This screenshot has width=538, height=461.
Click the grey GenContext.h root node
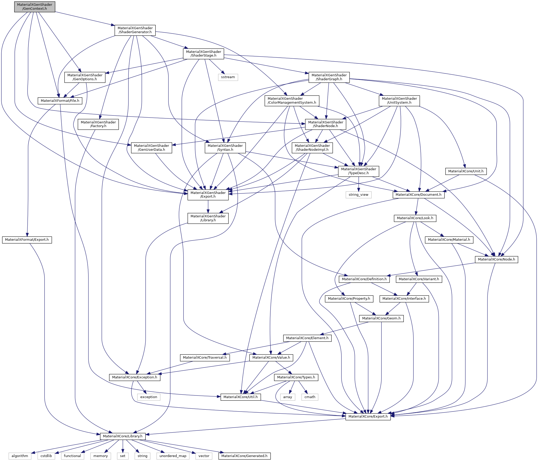click(x=35, y=7)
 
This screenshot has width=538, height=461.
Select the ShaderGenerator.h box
click(x=135, y=30)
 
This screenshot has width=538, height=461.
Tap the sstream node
click(x=228, y=77)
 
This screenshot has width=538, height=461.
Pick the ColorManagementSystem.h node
click(x=292, y=101)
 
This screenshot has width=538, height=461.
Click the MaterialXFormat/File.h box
click(x=60, y=101)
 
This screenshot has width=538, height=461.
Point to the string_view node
click(x=358, y=195)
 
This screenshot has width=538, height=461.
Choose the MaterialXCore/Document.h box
click(x=419, y=195)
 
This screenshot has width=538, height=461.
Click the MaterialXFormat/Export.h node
click(x=27, y=240)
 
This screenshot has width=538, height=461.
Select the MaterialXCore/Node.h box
click(x=496, y=259)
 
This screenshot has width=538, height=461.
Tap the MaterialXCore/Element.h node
click(x=307, y=338)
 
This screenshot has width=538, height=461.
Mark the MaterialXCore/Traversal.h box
click(x=205, y=358)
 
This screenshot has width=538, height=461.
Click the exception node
click(x=149, y=397)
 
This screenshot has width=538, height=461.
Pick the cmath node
click(x=310, y=397)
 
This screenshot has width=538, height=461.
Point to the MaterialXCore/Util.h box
click(x=241, y=397)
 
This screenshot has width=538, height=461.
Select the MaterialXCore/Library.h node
click(x=123, y=436)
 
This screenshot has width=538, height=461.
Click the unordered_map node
click(x=173, y=456)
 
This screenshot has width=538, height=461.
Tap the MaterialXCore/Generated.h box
click(x=244, y=456)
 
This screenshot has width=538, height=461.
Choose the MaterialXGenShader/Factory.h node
click(x=98, y=124)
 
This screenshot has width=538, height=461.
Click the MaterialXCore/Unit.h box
click(x=466, y=171)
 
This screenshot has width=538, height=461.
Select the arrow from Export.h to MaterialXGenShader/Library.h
click(x=208, y=207)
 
